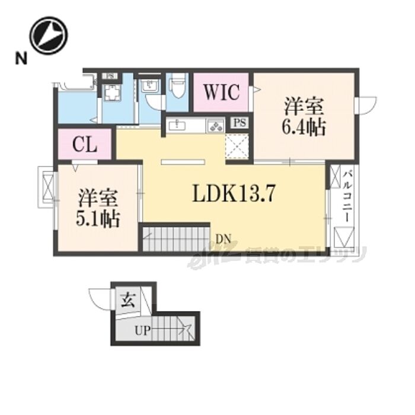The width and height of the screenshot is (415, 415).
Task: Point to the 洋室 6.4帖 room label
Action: (304, 117)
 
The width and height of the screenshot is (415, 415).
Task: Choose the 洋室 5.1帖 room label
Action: (98, 207)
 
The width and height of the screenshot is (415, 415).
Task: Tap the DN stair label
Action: (224, 240)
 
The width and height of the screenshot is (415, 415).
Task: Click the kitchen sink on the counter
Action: (177, 125)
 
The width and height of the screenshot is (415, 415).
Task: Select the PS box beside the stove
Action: (240, 123)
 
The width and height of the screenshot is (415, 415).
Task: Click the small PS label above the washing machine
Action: (110, 76)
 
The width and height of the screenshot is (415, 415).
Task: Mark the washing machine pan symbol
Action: (111, 93)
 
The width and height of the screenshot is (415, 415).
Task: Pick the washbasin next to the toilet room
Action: (149, 88)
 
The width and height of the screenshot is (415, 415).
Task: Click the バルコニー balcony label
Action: (346, 195)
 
